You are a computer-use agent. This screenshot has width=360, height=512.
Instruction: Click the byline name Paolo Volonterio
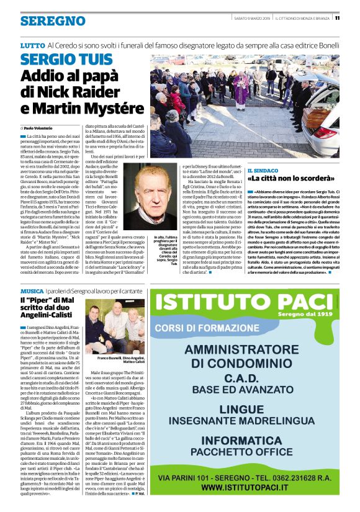[x=39, y=127]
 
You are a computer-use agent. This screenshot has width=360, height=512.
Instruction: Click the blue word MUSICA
[x=32, y=291]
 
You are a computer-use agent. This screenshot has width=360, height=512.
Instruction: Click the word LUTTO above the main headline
[x=32, y=46]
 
